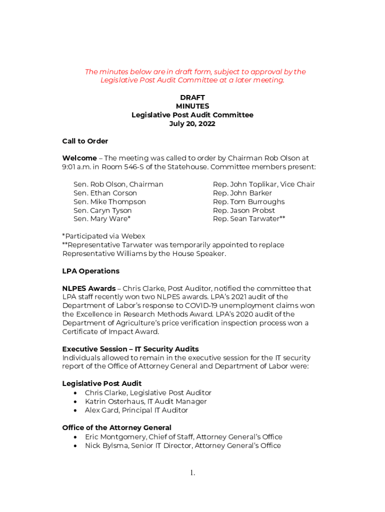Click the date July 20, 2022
[192, 123]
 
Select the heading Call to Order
[85, 141]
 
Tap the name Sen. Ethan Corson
[105, 193]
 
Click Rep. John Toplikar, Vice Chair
[263, 184]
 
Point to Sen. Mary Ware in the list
[102, 219]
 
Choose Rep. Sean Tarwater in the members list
[249, 219]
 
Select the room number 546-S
[146, 167]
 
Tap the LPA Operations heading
[90, 271]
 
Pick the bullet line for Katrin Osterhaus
[145, 401]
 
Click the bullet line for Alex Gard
[136, 410]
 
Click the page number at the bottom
[192, 472]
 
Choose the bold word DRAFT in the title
[192, 97]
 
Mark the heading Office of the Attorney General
[116, 427]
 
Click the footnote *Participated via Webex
[103, 236]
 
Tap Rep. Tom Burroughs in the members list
[248, 202]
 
